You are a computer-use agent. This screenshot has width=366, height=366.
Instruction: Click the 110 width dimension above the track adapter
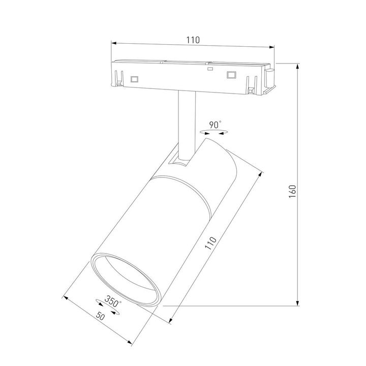click(x=193, y=40)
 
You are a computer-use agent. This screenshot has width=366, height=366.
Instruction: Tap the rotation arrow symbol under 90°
click(x=214, y=132)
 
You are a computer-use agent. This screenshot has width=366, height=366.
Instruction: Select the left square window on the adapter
click(x=135, y=79)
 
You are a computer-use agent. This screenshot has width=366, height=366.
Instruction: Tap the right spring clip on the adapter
click(x=250, y=84)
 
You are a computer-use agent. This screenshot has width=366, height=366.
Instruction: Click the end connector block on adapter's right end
click(x=270, y=80)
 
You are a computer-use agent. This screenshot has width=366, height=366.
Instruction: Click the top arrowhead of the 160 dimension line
click(x=297, y=67)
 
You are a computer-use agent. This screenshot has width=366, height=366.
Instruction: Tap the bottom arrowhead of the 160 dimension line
click(x=297, y=303)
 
